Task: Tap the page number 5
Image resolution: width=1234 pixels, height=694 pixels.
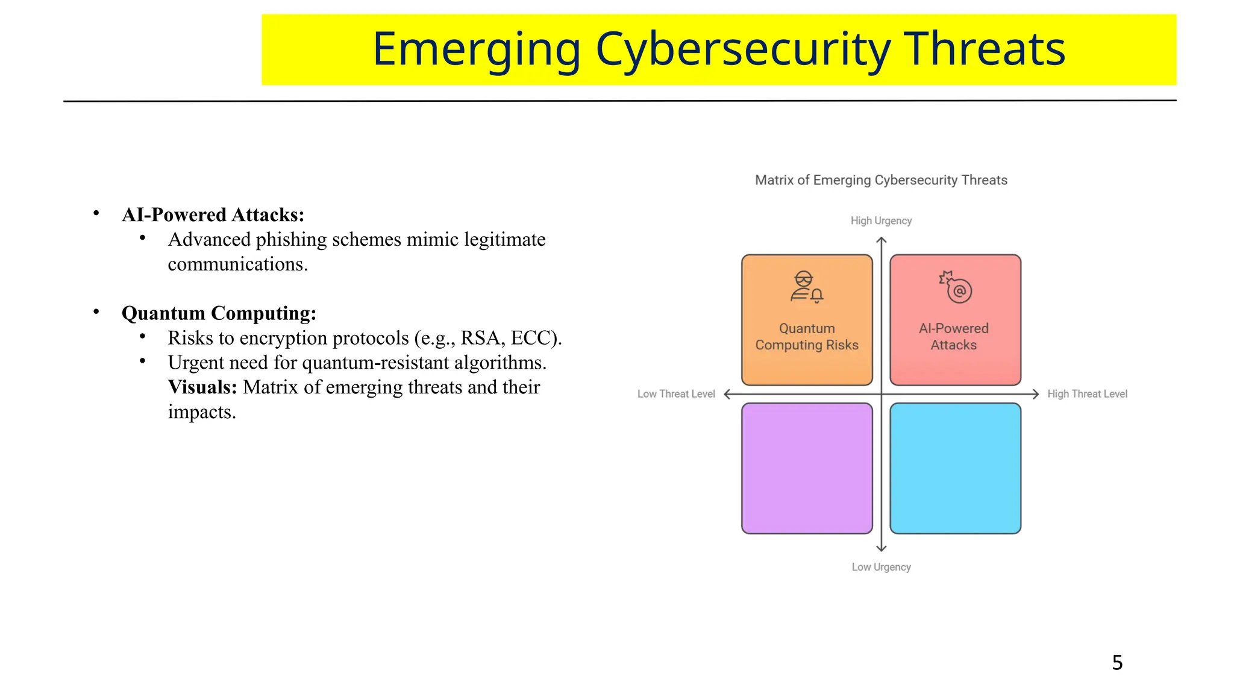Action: (1117, 663)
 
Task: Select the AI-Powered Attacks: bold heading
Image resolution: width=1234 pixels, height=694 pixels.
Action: (213, 215)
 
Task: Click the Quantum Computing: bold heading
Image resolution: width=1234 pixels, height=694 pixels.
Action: (219, 313)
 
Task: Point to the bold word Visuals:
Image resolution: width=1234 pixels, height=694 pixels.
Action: (202, 387)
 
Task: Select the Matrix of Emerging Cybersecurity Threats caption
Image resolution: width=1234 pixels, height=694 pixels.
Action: (881, 180)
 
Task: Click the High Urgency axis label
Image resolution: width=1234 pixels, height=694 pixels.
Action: (881, 221)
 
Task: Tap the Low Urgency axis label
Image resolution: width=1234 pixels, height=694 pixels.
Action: (881, 567)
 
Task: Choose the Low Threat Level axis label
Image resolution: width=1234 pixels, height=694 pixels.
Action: (676, 394)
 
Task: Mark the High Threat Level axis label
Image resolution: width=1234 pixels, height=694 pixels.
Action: (1087, 394)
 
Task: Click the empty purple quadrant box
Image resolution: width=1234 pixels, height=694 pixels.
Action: (807, 469)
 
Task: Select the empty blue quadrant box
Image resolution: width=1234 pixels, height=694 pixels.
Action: (955, 469)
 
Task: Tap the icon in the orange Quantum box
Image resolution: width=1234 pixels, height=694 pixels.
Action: (806, 287)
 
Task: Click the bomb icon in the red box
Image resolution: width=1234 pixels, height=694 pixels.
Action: (956, 287)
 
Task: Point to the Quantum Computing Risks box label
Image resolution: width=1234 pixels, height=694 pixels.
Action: (807, 337)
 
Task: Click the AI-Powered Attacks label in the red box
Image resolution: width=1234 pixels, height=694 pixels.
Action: (954, 337)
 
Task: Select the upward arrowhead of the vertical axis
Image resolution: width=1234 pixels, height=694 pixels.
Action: (882, 241)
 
